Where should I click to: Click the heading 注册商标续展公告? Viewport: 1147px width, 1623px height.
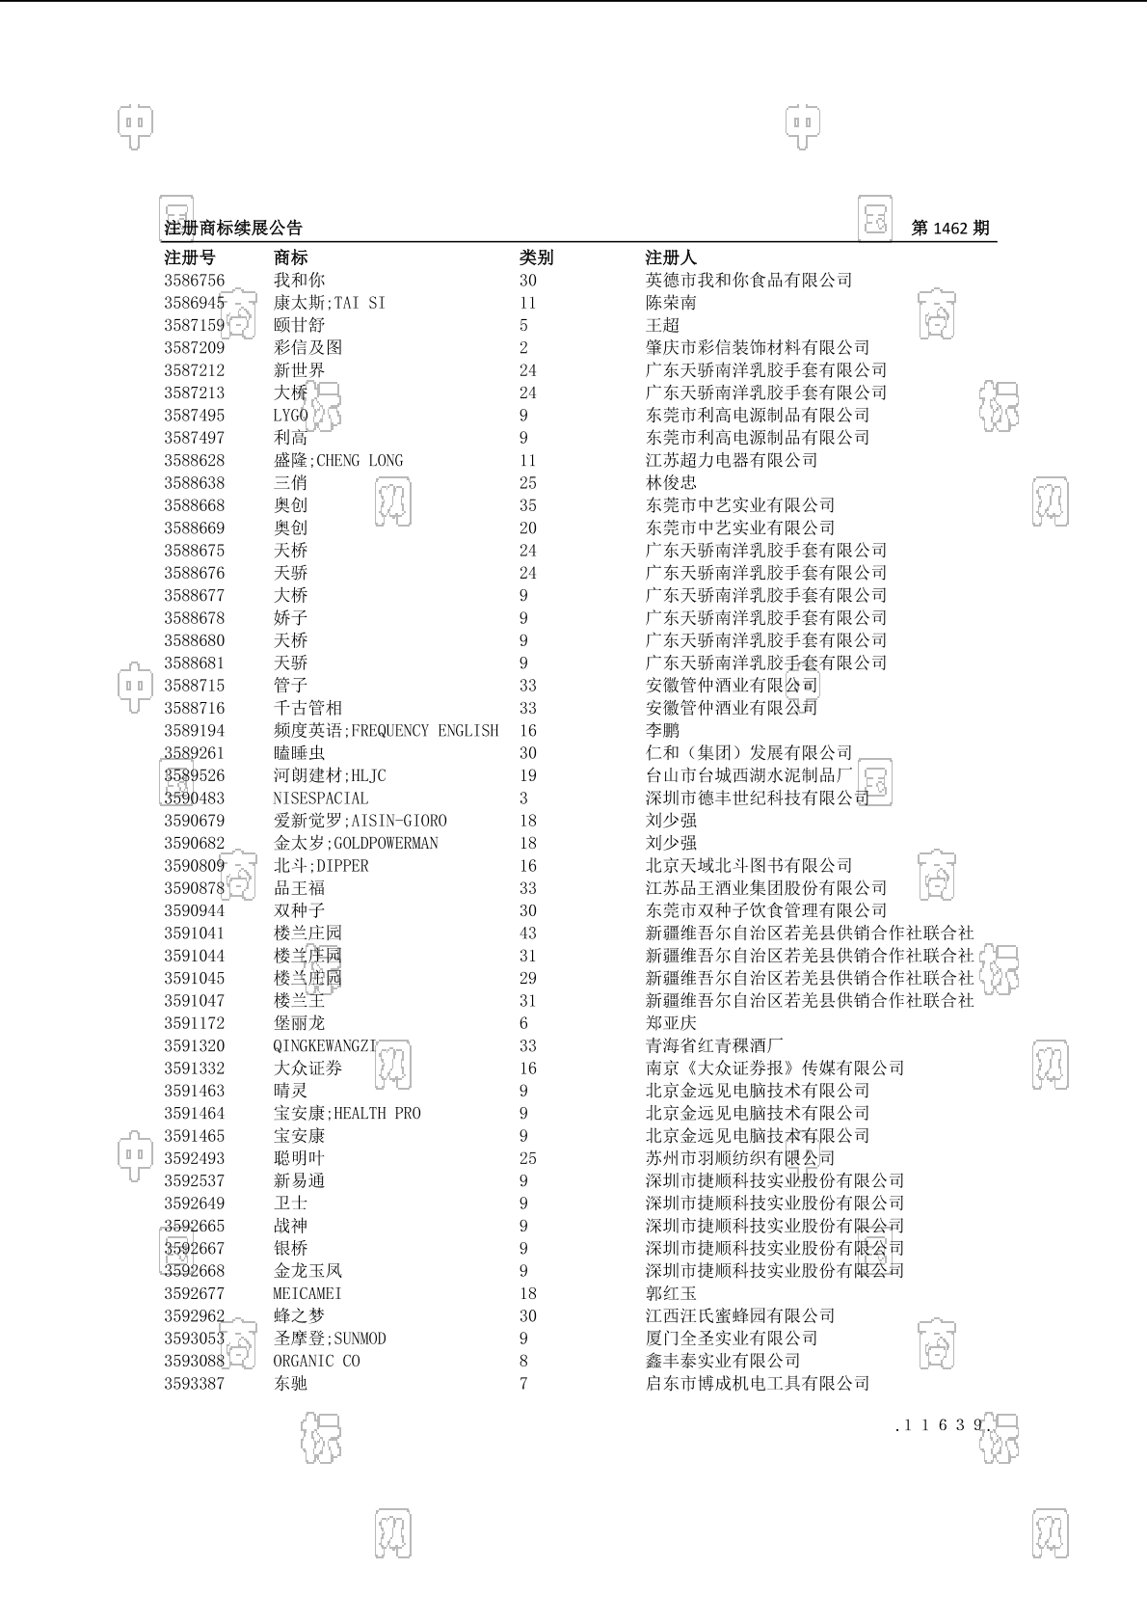(x=233, y=229)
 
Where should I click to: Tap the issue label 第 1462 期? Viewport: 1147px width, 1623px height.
(x=949, y=229)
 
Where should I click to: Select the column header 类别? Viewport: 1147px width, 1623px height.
(x=536, y=257)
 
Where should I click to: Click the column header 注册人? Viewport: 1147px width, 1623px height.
(x=670, y=257)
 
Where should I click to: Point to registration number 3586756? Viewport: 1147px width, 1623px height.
(x=194, y=281)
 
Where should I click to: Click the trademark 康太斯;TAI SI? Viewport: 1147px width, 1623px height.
(x=329, y=303)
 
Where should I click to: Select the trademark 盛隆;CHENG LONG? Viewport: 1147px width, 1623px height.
(x=337, y=461)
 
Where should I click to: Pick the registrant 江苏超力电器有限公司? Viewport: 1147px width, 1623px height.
(x=731, y=461)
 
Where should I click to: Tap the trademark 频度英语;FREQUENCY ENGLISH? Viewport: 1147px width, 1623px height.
(x=386, y=731)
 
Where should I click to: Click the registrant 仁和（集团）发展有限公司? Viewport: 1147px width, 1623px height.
(x=748, y=753)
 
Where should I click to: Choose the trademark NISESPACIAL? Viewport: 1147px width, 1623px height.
(x=320, y=798)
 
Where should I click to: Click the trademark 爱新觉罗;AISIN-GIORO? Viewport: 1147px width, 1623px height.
(x=360, y=821)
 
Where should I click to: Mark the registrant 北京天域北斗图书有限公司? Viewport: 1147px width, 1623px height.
(x=748, y=866)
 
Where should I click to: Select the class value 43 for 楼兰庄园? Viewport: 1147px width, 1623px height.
(x=528, y=933)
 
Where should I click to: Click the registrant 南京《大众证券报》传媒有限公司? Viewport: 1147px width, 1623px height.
(x=774, y=1068)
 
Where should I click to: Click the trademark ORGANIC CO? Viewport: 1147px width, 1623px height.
(x=316, y=1362)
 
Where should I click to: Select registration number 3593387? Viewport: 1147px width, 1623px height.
(x=194, y=1384)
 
